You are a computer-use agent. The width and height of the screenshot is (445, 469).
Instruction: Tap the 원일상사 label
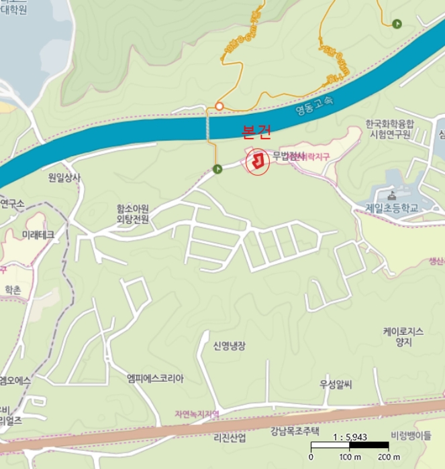pyautogui.click(x=64, y=178)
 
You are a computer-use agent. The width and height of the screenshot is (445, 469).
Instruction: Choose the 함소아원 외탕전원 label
pyautogui.click(x=132, y=214)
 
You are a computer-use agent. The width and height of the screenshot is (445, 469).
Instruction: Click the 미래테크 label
pyautogui.click(x=38, y=235)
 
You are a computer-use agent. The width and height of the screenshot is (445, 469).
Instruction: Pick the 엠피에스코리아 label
pyautogui.click(x=155, y=378)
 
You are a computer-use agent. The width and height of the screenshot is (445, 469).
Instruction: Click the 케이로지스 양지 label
pyautogui.click(x=403, y=336)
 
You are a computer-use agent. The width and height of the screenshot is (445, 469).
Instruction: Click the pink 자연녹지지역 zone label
pyautogui.click(x=197, y=413)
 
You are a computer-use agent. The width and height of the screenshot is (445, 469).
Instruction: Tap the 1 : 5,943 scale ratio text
pyautogui.click(x=349, y=437)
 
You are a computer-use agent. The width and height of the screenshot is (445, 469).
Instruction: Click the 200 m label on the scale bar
pyautogui.click(x=389, y=457)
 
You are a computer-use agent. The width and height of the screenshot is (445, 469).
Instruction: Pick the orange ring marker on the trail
pyautogui.click(x=219, y=107)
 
